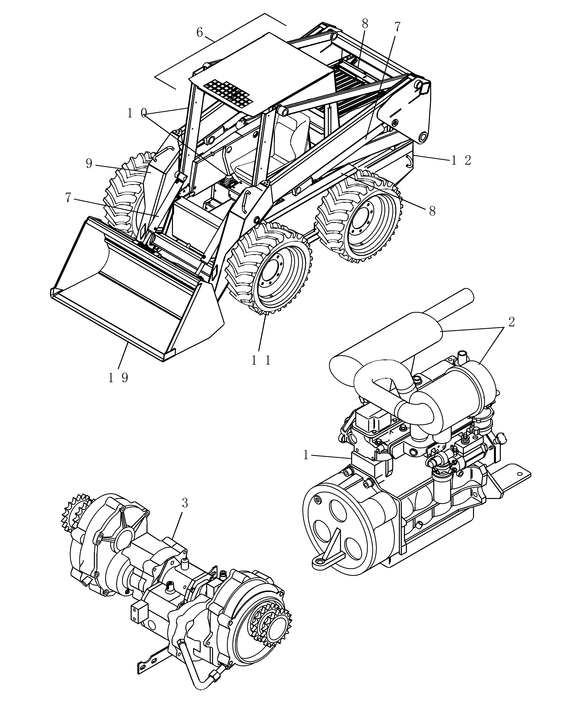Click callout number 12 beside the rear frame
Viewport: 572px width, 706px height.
[x=461, y=160]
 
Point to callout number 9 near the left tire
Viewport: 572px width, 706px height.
[x=89, y=164]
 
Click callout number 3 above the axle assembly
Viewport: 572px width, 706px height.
[x=185, y=503]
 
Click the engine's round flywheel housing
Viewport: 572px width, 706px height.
[x=336, y=531]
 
